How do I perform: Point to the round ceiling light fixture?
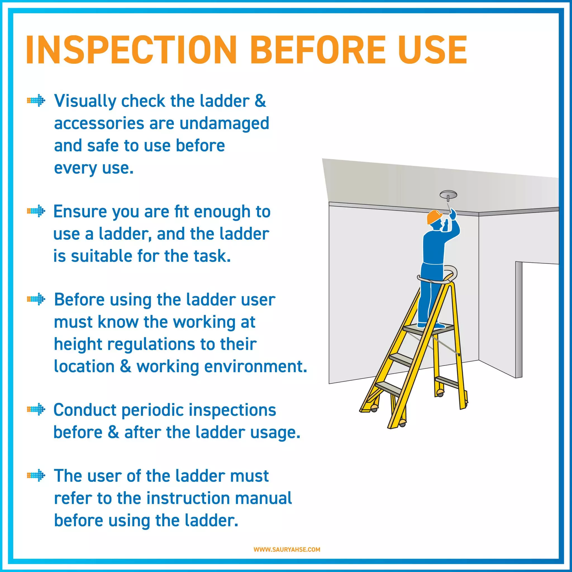[x=448, y=196]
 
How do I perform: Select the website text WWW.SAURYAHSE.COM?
[x=287, y=549]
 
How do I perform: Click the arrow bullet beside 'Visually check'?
[x=36, y=101]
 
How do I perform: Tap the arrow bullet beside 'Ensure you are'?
[x=36, y=211]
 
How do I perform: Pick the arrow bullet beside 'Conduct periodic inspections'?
[x=36, y=410]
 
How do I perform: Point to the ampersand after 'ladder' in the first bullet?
[x=260, y=101]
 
